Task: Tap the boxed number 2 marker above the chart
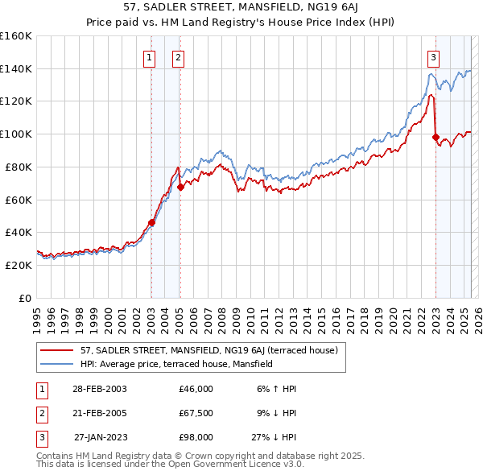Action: pyautogui.click(x=177, y=57)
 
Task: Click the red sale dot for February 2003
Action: pyautogui.click(x=151, y=222)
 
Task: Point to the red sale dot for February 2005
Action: pyautogui.click(x=180, y=187)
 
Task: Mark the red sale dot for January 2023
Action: pyautogui.click(x=436, y=137)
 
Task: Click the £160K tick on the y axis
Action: pyautogui.click(x=16, y=36)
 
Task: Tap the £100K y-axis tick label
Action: pyautogui.click(x=16, y=134)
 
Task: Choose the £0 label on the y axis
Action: pyautogui.click(x=24, y=298)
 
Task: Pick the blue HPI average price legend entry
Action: pyautogui.click(x=176, y=364)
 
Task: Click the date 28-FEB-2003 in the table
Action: pyautogui.click(x=98, y=389)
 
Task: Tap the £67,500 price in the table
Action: pyautogui.click(x=196, y=413)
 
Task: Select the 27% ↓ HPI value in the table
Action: pyautogui.click(x=274, y=437)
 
